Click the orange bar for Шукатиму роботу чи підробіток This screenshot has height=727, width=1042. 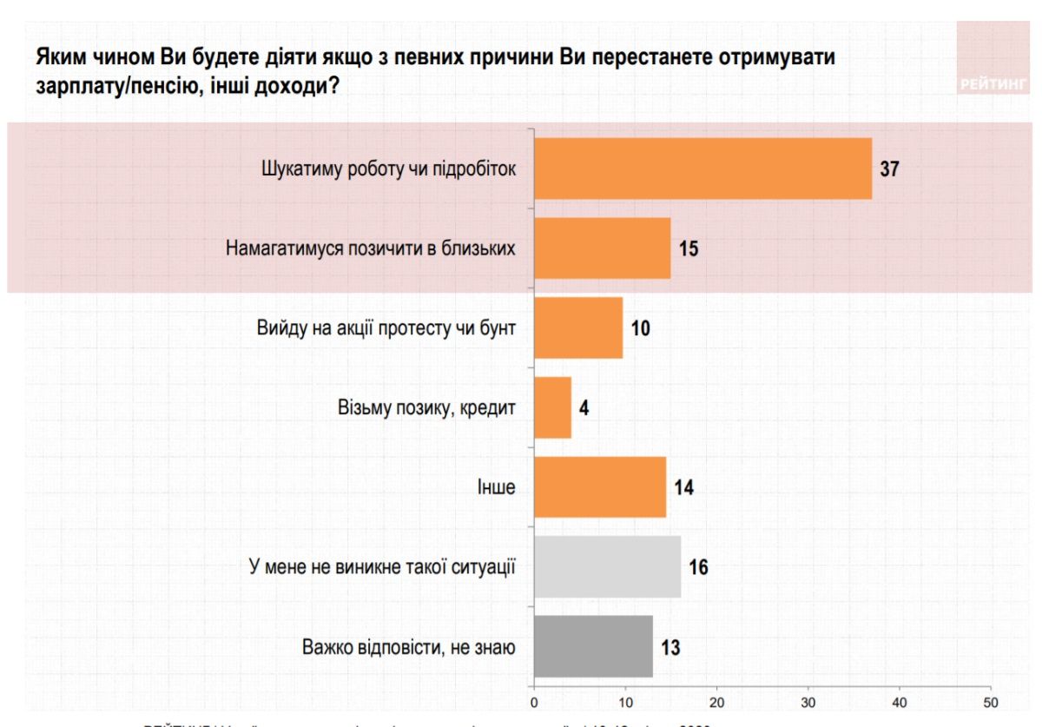point(702,169)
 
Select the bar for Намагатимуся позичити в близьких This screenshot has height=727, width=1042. point(602,248)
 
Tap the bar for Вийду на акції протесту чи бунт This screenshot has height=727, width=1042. point(578,327)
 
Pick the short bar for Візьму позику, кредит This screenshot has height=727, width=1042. point(552,407)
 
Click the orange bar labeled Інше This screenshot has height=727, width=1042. point(599,486)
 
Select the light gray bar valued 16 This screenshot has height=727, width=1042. point(607,567)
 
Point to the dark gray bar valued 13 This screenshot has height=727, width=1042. point(593,647)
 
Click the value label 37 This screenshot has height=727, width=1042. point(889,169)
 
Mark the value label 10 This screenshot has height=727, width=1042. point(641,328)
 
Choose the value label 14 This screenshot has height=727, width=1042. point(683,487)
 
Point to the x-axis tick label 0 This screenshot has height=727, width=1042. point(534,702)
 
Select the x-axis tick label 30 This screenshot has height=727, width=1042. point(808,702)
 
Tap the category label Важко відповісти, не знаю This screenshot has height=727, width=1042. point(409,648)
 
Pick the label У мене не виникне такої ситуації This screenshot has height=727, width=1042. point(382,568)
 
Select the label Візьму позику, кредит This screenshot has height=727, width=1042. point(425,407)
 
